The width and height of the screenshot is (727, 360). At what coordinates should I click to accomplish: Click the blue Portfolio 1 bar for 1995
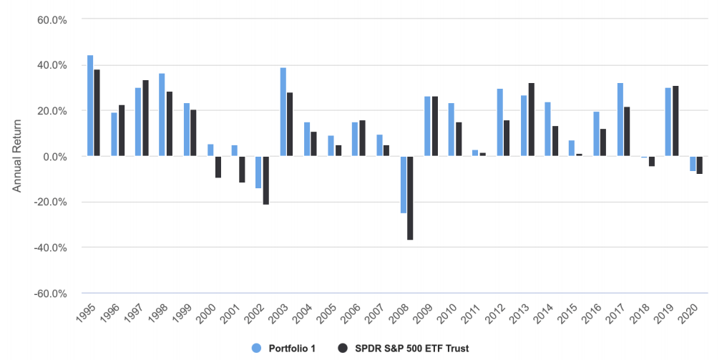90,105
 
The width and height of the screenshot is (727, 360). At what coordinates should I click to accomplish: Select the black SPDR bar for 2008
410,198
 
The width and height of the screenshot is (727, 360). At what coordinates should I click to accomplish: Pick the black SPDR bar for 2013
531,120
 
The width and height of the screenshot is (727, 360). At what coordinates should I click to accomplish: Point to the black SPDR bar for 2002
265,180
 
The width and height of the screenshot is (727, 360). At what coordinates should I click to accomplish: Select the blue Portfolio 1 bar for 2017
620,120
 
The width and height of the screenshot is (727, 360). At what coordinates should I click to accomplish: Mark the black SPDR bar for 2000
218,167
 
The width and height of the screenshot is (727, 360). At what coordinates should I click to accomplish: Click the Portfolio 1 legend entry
285,348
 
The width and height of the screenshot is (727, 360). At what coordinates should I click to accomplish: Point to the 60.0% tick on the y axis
52,19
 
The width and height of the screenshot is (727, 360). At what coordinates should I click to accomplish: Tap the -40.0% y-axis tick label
50,248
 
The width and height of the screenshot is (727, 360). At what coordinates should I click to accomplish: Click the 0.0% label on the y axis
53,156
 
